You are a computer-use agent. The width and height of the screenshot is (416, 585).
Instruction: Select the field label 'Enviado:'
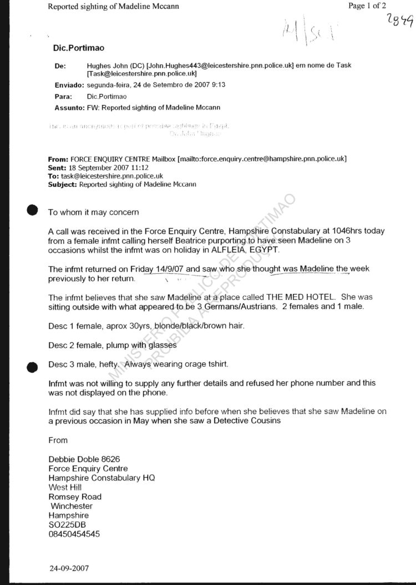tap(69, 85)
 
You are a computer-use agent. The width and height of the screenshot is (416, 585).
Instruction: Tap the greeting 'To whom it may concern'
tap(93, 212)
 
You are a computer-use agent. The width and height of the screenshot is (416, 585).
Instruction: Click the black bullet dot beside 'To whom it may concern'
tap(33, 209)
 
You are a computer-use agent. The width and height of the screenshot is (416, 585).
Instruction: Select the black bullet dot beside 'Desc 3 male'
tap(33, 366)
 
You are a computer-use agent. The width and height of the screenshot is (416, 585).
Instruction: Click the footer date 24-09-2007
tap(68, 568)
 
